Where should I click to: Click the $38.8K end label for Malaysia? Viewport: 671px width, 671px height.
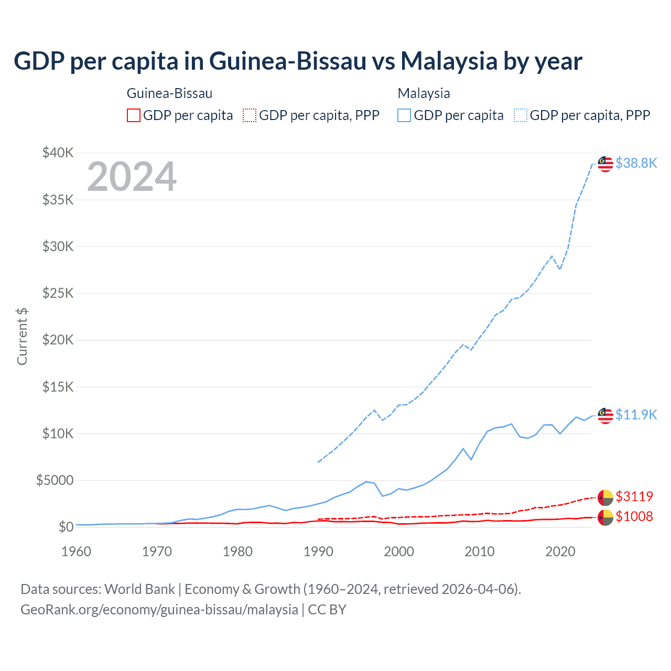pos(636,164)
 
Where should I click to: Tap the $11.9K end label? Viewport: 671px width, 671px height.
pos(636,415)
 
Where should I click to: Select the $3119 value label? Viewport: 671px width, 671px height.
pos(634,496)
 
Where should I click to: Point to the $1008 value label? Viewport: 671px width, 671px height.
pos(634,516)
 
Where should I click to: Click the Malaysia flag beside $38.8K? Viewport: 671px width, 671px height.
pos(605,164)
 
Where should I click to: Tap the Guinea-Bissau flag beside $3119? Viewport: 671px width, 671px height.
pos(605,497)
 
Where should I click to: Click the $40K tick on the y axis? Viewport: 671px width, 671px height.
pos(58,153)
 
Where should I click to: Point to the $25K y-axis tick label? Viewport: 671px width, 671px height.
pos(58,293)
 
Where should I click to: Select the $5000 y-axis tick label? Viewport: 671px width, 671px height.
pos(55,480)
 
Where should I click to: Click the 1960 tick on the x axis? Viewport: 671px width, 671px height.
pos(77,551)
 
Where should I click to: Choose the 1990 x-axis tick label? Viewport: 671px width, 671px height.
pos(318,551)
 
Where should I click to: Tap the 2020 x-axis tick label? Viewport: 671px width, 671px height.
pos(560,551)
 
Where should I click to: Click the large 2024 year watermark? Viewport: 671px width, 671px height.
pos(132,177)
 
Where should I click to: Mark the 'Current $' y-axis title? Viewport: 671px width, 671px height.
pos(22,337)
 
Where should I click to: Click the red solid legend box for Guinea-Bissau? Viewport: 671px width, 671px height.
pos(134,115)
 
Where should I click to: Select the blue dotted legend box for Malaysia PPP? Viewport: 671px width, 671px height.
pos(521,115)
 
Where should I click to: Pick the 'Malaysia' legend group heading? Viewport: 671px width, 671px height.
pos(424,93)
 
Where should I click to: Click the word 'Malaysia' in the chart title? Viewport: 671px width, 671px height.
pos(449,61)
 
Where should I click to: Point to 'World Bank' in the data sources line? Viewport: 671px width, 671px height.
pos(139,589)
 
